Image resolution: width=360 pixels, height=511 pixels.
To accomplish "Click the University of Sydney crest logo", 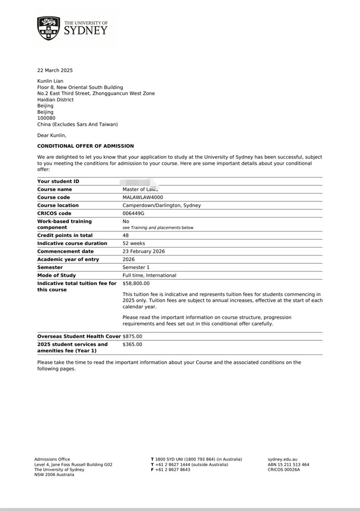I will point(48,28).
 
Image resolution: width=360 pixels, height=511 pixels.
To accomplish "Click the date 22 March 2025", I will point(55,70).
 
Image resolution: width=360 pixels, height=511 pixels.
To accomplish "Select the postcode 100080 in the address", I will point(45,118).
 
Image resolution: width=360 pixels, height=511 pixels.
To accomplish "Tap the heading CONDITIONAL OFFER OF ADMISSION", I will point(85,146).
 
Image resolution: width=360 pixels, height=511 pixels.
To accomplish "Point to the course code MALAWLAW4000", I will point(143,198).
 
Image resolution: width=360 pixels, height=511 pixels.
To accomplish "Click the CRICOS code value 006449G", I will point(133,213).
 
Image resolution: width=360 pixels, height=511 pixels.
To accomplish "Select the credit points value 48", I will point(125,235).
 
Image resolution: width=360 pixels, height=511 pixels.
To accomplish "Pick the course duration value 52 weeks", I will point(134,244).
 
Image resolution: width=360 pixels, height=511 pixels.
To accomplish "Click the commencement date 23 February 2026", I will point(144,251).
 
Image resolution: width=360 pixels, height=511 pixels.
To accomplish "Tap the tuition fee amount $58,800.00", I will point(136,284).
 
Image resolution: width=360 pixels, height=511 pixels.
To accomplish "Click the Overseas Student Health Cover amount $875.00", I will point(132,337).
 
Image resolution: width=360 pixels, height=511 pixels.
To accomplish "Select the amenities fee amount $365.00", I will point(132,344).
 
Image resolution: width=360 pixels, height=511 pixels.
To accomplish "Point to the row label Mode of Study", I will point(57,275).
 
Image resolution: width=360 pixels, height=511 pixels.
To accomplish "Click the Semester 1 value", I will point(136,267).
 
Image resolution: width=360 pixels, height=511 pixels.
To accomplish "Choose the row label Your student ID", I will point(58,182).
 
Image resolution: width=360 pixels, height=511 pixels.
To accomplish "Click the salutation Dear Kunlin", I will point(52,135).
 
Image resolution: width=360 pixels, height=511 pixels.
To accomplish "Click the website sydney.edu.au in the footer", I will point(282,459).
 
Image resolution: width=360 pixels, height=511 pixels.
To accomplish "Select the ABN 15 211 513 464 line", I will point(288,465).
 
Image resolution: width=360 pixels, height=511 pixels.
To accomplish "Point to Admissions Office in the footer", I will point(52,459).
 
